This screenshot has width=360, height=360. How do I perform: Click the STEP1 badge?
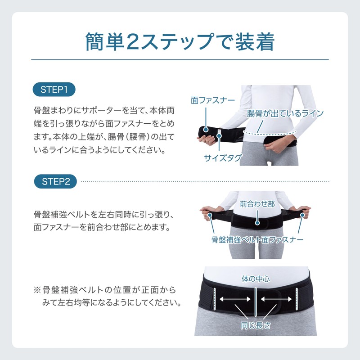[x=54, y=89]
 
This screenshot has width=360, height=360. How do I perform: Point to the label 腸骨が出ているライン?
[x=285, y=113]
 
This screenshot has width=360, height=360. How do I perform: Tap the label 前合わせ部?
[x=257, y=203]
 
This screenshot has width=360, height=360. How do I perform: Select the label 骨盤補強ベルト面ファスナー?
[x=257, y=239]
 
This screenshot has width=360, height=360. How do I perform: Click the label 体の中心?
[x=255, y=279]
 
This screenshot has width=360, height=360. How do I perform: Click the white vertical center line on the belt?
[x=255, y=299]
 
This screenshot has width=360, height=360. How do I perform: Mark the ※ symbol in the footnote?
[x=37, y=289]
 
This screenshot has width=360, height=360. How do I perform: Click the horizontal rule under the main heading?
[x=180, y=59]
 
